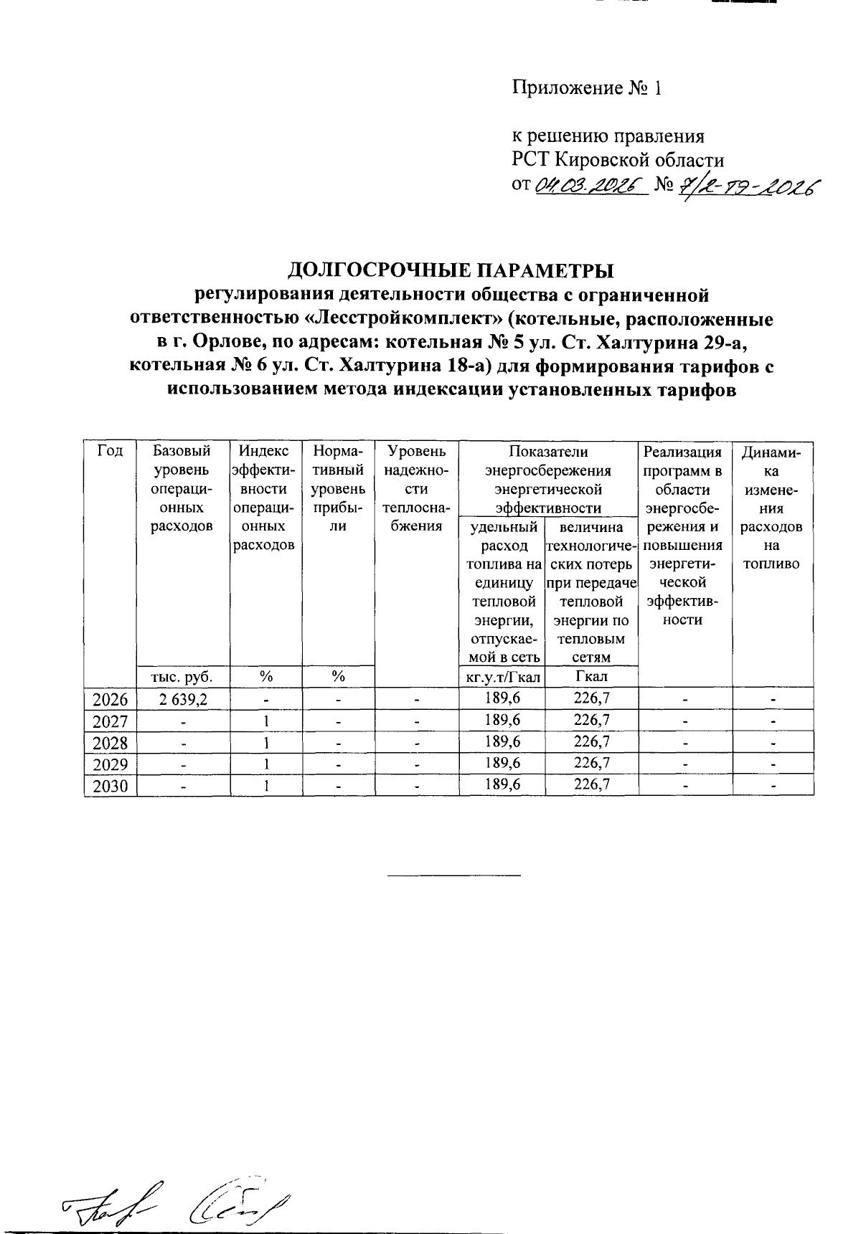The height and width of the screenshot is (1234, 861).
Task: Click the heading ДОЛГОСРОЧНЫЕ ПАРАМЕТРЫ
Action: (451, 271)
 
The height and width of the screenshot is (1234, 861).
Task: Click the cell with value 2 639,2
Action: (182, 698)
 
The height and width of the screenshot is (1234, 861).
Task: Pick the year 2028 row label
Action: (110, 742)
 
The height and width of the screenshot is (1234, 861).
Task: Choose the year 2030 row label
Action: (110, 786)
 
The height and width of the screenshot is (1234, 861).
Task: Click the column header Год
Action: (110, 452)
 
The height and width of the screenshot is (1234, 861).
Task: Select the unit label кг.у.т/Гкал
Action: (502, 676)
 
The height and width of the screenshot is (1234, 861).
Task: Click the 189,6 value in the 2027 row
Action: (502, 720)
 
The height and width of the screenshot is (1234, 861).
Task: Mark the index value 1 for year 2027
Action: (266, 720)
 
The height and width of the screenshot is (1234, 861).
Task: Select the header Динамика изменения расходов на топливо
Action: (772, 508)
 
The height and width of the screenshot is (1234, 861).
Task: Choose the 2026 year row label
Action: (110, 698)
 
